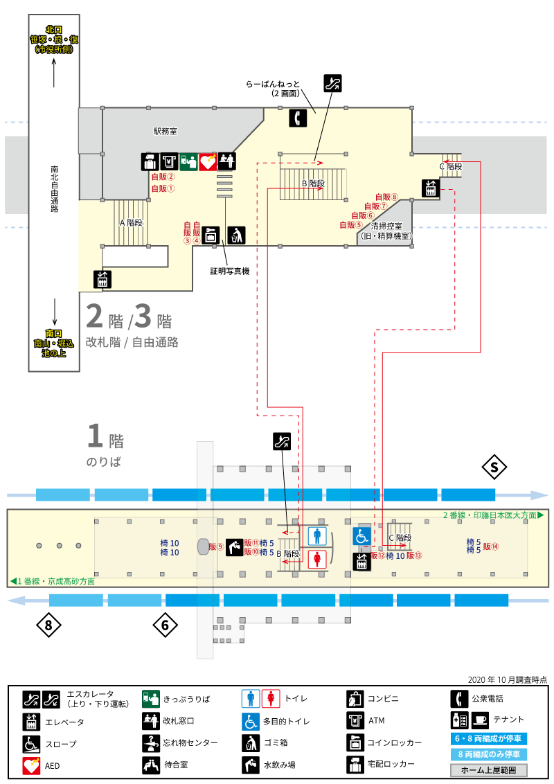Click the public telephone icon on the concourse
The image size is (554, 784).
tap(298, 118)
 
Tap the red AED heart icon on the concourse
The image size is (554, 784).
tap(208, 162)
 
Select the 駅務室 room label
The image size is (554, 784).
tap(166, 132)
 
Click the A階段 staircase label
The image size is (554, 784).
tap(132, 222)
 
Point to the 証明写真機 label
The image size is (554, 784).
tap(229, 271)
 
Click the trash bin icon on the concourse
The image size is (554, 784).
tap(237, 235)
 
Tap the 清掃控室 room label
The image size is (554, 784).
tap(386, 226)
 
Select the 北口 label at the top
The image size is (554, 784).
tap(54, 30)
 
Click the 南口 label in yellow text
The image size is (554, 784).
tap(54, 333)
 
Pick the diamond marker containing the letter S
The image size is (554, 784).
tap(494, 467)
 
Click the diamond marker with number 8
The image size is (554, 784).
tap(48, 625)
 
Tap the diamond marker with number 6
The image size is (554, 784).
tap(166, 625)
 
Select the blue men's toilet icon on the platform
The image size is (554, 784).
tap(317, 536)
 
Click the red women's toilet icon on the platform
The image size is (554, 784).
tap(317, 558)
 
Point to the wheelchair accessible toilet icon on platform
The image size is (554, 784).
tap(361, 536)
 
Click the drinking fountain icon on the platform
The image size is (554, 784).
tap(235, 547)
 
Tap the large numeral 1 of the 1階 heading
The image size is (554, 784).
tap(95, 436)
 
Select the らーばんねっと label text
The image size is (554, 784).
tap(273, 84)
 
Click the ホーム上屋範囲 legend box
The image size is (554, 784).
tap(489, 770)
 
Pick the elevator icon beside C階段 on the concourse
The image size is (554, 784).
tap(431, 188)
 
